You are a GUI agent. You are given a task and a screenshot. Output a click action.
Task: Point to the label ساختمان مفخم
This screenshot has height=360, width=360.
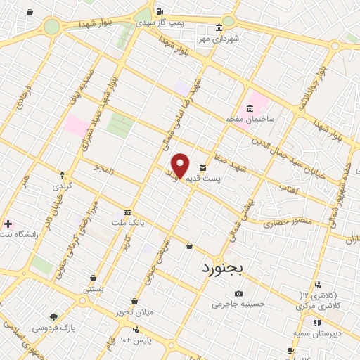pos(248,120)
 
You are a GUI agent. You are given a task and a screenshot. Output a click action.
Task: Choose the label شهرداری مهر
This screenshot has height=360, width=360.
pos(219,39)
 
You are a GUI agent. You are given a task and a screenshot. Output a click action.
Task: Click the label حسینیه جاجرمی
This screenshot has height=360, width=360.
pos(238,304)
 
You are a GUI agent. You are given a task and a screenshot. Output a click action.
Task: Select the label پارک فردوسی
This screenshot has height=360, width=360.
pos(53,328)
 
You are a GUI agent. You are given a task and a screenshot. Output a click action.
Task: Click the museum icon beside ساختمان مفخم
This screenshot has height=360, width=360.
pos(249,108)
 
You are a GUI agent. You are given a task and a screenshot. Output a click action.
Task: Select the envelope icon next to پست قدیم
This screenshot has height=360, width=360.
pos(203,168)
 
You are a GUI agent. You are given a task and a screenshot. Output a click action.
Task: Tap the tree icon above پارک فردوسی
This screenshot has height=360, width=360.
pos(53,317)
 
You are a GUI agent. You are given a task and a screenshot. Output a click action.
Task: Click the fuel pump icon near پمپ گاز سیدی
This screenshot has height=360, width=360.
pos(160,11)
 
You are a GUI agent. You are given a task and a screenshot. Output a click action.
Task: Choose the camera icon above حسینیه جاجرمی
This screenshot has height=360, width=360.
pos(238,293)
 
